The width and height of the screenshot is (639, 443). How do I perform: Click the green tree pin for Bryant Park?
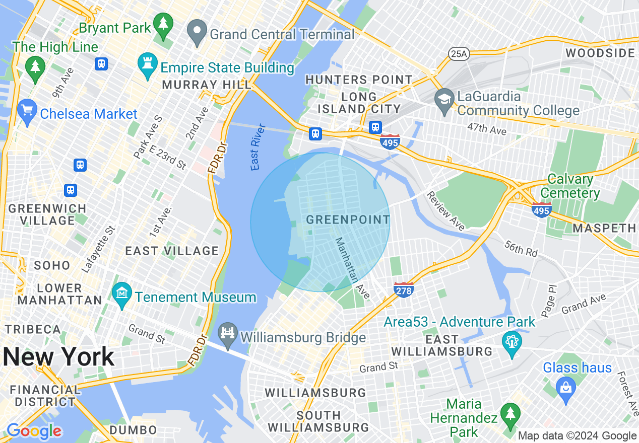pos(163,25)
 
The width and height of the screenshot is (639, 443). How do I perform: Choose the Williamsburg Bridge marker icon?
pos(228,334)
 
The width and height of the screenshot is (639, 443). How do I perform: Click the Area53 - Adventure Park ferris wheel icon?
pos(512,343)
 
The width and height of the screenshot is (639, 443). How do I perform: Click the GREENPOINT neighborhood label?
pos(348,219)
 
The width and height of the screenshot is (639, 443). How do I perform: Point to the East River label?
pos(258,146)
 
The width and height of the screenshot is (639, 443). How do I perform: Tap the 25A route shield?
pos(458,53)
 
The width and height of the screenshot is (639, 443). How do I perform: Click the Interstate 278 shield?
pos(404,289)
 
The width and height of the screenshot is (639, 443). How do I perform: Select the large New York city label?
pos(58,356)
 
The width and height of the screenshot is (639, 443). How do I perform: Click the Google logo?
pos(34,431)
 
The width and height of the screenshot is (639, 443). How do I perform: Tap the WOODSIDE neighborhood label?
pos(600,53)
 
